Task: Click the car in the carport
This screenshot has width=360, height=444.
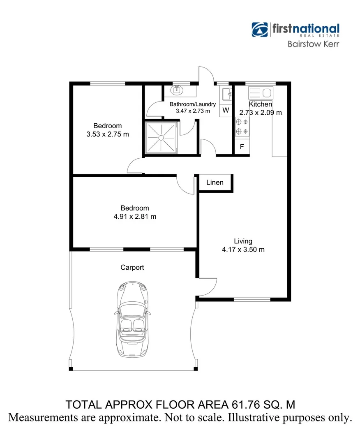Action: tap(132, 319)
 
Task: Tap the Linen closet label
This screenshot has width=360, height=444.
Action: tap(215, 182)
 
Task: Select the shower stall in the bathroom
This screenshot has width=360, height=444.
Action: tap(161, 136)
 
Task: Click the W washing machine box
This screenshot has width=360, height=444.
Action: tap(226, 110)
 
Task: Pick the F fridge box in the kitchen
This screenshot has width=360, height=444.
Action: tap(242, 147)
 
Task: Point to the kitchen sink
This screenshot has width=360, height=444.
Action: tap(260, 93)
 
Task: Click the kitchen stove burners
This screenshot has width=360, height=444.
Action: tap(242, 127)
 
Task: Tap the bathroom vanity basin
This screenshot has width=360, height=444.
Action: tap(177, 90)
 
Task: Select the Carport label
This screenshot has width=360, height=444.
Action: tap(132, 268)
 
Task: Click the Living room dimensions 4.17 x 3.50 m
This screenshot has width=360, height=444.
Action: tap(243, 249)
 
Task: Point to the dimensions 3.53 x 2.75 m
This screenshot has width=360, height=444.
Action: tap(108, 134)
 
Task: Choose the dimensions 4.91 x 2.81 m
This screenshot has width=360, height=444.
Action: tap(135, 216)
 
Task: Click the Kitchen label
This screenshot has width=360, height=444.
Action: tap(260, 104)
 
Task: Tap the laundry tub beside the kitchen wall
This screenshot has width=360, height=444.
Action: tap(226, 95)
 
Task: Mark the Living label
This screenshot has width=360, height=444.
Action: tap(243, 241)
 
